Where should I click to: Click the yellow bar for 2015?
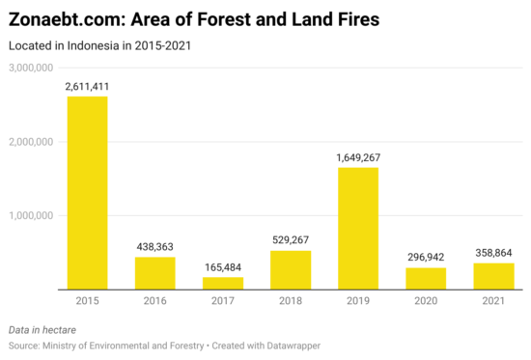87,193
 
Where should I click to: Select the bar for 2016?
154,273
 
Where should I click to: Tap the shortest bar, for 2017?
222,283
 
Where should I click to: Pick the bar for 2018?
290,270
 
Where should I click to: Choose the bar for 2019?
358,229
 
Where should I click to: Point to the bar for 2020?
426,278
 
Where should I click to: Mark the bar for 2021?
493,276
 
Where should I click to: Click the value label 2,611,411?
87,87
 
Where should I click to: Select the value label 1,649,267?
358,157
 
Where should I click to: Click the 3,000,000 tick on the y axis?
30,68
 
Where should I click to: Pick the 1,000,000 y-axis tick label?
30,215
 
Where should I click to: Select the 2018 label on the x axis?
290,301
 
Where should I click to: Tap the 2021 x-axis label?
493,301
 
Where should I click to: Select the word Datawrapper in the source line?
293,345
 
